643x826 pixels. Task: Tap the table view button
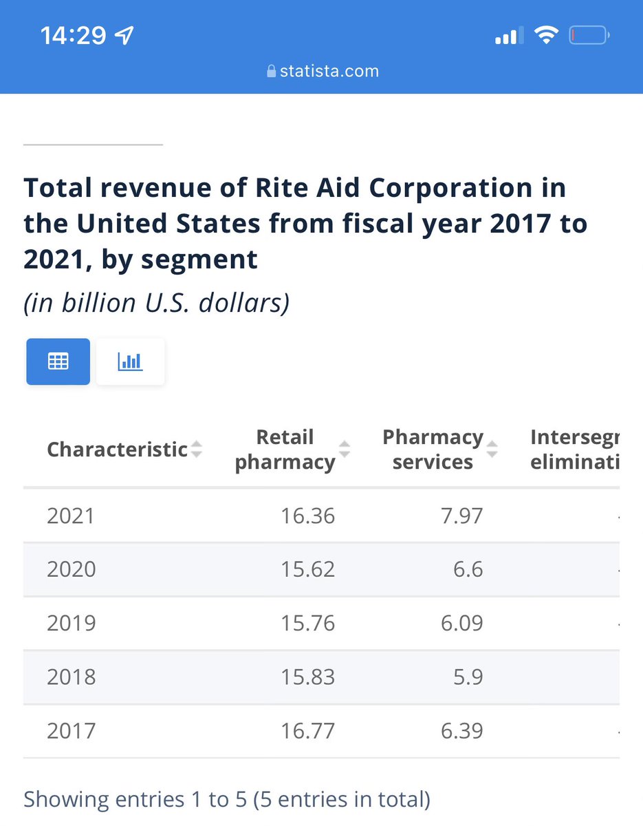58,361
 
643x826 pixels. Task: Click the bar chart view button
130,361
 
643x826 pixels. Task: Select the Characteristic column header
117,449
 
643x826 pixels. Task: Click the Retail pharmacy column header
285,449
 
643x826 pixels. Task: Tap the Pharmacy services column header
433,449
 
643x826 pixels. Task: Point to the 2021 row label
71,516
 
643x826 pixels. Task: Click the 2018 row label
71,677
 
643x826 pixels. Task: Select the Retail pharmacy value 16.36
307,516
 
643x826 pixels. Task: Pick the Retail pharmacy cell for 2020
307,569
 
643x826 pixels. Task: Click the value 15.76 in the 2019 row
307,623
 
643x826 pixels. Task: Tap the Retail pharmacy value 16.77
307,730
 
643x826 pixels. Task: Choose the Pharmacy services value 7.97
461,516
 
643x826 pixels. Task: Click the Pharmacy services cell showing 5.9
468,677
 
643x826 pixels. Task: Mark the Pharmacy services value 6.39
461,730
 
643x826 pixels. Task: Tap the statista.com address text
329,71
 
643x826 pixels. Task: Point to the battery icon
589,35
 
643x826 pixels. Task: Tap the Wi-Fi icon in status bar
546,35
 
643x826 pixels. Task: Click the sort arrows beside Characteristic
197,449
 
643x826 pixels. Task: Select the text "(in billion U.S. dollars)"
156,303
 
